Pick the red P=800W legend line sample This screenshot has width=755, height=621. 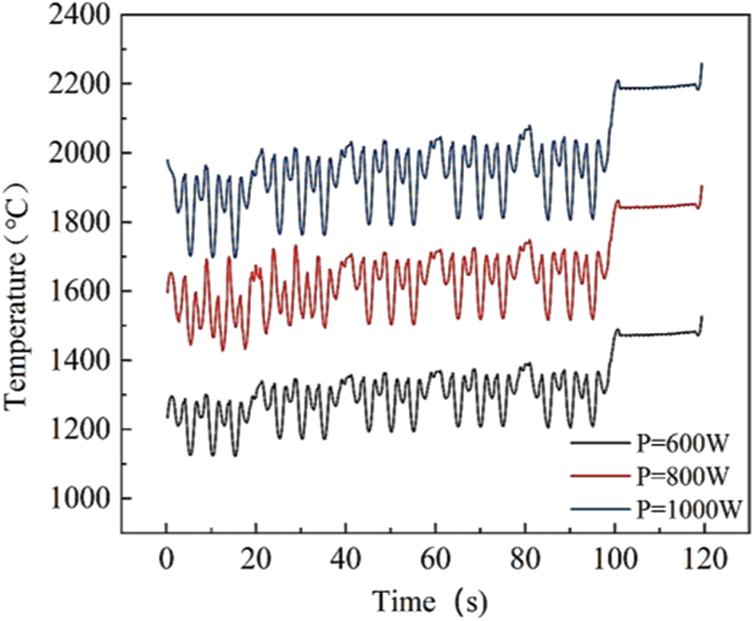click(x=601, y=476)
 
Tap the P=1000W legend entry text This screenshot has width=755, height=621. click(x=685, y=511)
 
